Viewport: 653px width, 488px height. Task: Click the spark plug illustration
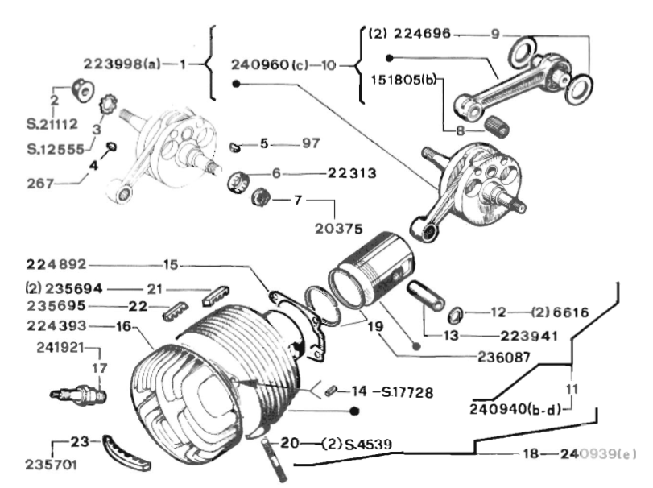78,395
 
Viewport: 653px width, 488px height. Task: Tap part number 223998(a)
122,64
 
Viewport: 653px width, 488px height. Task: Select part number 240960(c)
270,65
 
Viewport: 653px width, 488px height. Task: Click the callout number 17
100,368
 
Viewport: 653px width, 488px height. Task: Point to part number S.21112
52,124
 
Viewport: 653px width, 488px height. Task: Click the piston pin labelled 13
426,296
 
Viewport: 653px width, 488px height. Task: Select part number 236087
504,358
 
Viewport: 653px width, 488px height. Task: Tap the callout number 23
79,441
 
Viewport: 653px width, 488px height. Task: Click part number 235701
52,465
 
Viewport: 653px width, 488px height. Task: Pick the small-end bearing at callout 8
497,126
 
